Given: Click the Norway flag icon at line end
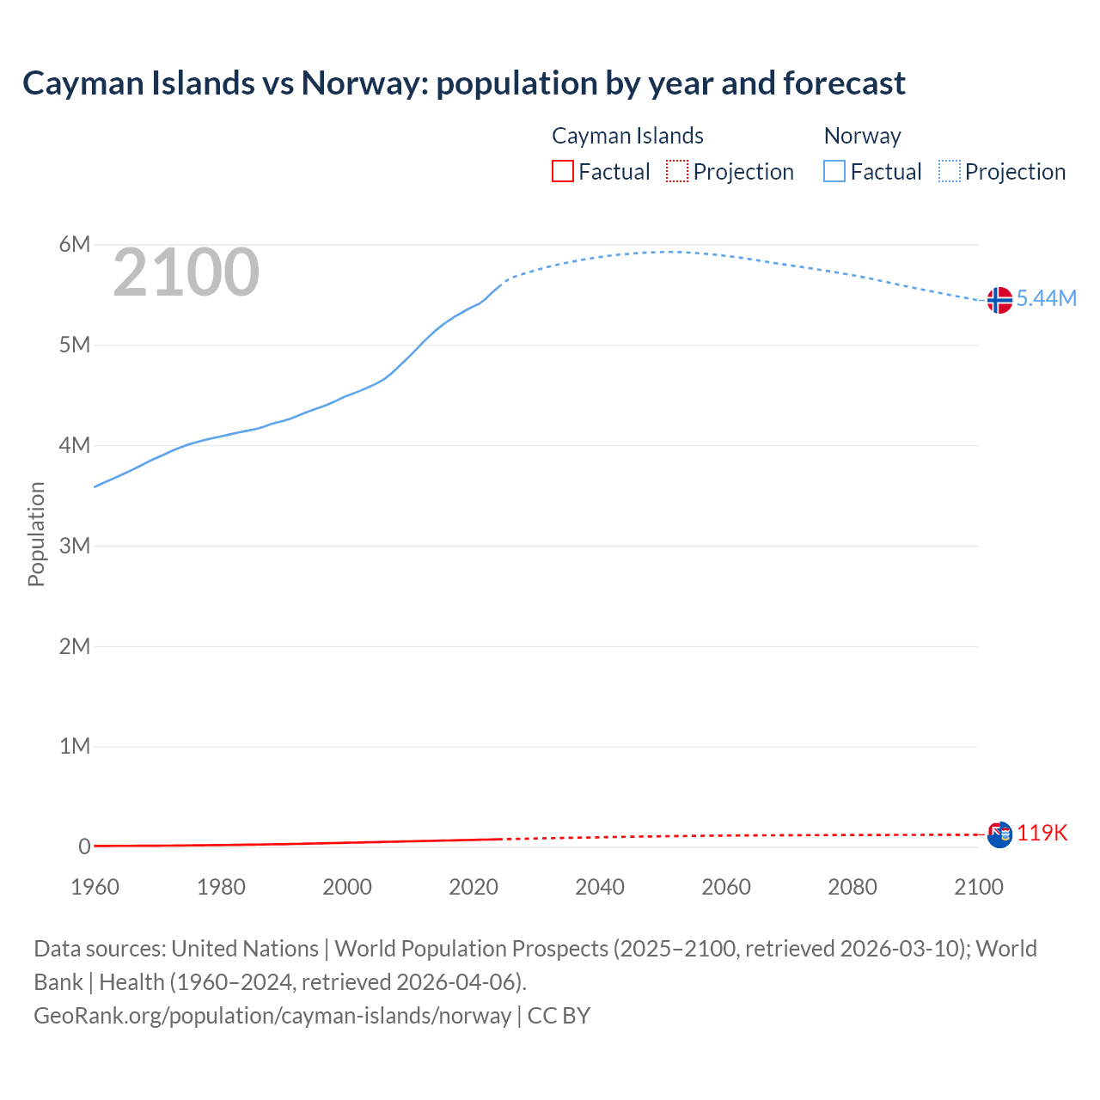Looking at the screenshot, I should click(999, 300).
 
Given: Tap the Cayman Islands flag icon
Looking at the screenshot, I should click(999, 834).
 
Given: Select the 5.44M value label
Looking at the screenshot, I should click(1046, 298).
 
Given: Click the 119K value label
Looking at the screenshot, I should click(1042, 833).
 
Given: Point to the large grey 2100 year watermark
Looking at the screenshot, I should click(186, 272).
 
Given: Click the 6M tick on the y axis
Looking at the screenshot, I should click(75, 244).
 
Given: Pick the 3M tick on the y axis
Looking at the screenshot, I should click(75, 546).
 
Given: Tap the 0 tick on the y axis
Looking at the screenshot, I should click(84, 846).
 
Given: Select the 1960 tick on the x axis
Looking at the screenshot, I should click(95, 887).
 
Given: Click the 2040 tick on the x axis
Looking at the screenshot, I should click(600, 887).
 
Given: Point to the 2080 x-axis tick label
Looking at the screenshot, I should click(852, 887).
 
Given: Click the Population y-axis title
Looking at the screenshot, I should click(36, 534).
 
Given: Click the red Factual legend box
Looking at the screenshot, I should click(562, 171).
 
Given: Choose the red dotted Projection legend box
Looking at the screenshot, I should click(677, 171).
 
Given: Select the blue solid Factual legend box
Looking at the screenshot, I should click(834, 171).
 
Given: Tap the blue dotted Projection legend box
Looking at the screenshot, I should click(950, 171).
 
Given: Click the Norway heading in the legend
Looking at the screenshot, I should click(862, 136).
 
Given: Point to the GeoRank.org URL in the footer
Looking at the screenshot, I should click(272, 1015).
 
